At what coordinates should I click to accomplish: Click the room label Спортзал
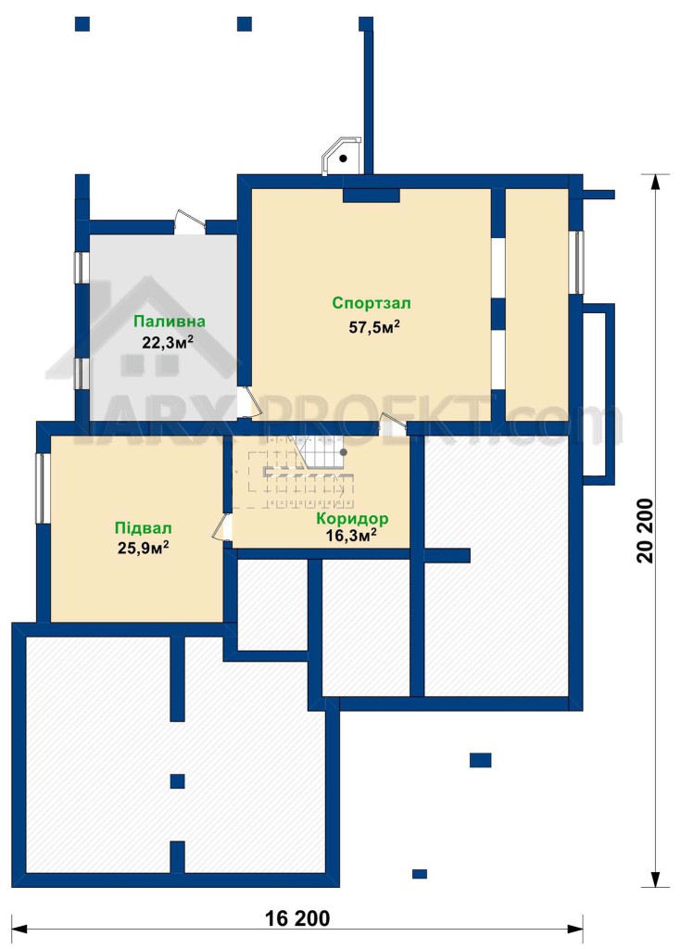coord(372,303)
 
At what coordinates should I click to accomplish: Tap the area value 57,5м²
coord(374,327)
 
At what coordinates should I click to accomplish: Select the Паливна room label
coord(170,322)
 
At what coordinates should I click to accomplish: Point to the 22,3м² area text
coord(168,343)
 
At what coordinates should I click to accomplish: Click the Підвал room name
coord(144,527)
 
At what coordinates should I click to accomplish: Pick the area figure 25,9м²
coord(143,548)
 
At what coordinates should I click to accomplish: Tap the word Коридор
coord(352,519)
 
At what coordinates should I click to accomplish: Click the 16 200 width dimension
coord(297,918)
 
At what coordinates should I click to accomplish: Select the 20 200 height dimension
coord(645,531)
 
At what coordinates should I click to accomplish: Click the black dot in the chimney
coord(343,159)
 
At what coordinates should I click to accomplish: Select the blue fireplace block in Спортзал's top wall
coord(372,195)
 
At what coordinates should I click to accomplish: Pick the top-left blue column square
coord(82,23)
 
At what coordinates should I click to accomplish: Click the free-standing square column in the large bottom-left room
coord(177,781)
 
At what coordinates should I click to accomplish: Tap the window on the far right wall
coord(579,262)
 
